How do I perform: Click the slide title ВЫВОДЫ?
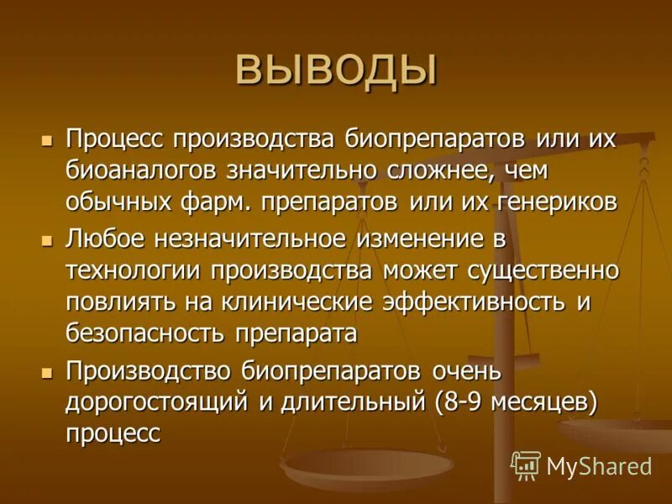pos(336,70)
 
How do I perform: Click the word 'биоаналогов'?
pos(144,171)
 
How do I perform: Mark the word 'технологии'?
pos(133,270)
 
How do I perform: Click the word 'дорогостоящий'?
pos(158,402)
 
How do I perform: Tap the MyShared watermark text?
pos(598,466)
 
